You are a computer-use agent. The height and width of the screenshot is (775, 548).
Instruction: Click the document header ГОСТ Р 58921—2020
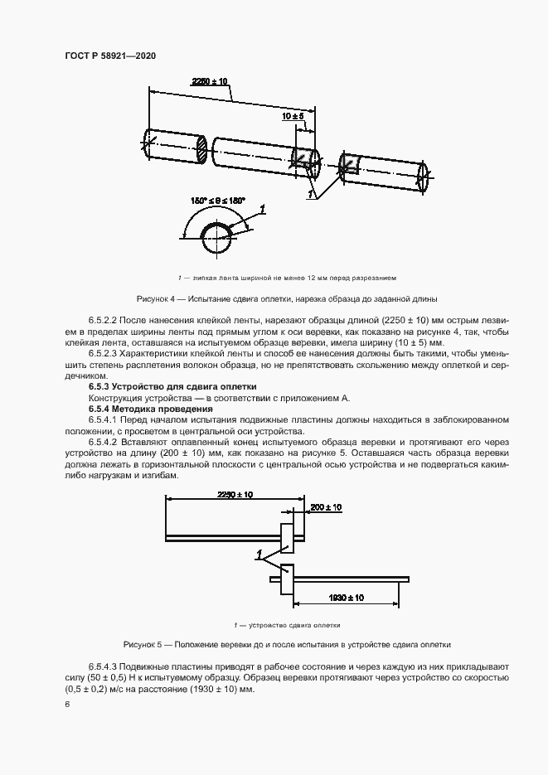click(109, 56)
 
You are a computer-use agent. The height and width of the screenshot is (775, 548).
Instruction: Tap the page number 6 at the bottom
click(65, 704)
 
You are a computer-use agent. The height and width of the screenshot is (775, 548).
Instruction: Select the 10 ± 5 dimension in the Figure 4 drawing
click(293, 118)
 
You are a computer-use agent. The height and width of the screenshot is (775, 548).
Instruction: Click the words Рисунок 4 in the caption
click(157, 298)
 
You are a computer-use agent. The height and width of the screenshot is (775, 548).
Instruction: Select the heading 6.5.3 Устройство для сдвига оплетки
click(172, 386)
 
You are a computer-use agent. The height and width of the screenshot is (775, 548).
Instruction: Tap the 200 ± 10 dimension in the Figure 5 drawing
click(326, 506)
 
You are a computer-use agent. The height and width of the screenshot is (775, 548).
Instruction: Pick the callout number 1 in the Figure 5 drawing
click(259, 553)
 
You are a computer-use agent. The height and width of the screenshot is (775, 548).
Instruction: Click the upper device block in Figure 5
click(287, 538)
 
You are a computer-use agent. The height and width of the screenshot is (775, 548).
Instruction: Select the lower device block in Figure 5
click(287, 579)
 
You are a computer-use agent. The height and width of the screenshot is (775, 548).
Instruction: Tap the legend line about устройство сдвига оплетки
click(274, 625)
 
